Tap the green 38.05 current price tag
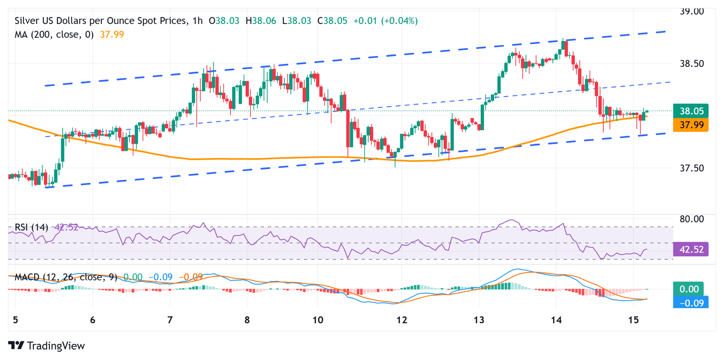pyautogui.click(x=691, y=111)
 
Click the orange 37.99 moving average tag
pyautogui.click(x=691, y=125)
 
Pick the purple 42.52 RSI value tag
pyautogui.click(x=691, y=249)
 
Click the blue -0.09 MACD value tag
pyautogui.click(x=691, y=303)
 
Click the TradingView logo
pyautogui.click(x=47, y=345)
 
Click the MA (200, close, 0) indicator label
pyautogui.click(x=54, y=34)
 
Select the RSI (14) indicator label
pyautogui.click(x=32, y=227)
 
